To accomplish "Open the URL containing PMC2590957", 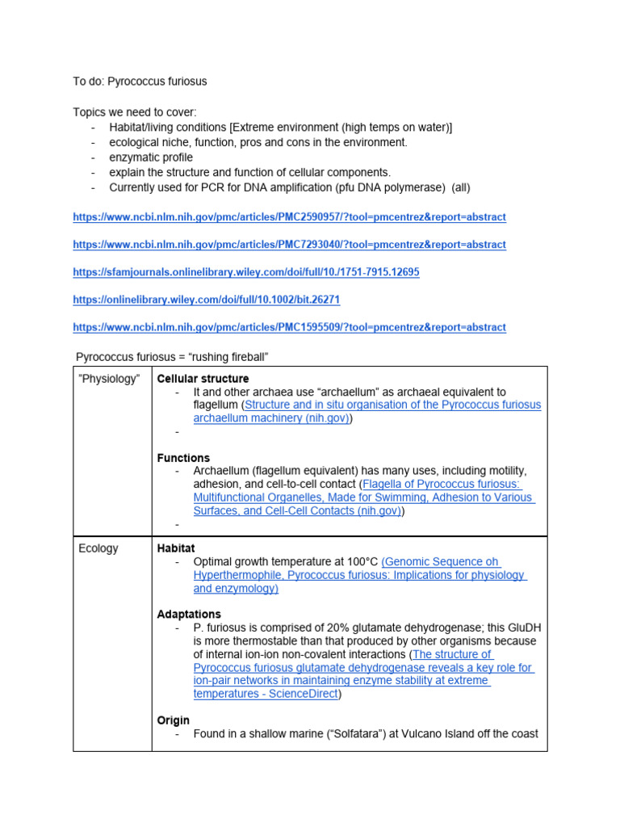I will (x=289, y=217).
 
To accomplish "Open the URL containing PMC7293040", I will (x=289, y=245).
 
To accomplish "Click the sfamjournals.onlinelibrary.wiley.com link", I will (x=245, y=272).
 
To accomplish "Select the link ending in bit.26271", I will (x=206, y=300).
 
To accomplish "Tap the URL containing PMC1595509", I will (x=289, y=327).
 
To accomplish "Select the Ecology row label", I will (x=98, y=548).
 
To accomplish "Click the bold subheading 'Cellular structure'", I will (x=203, y=379).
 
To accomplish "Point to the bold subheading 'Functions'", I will (x=183, y=458).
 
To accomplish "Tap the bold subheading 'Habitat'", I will (x=175, y=548).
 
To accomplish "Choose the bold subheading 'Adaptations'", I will (x=189, y=615).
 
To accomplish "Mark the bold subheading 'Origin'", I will (x=174, y=720).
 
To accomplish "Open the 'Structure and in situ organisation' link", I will (x=393, y=405).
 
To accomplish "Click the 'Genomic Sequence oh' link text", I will (x=441, y=562).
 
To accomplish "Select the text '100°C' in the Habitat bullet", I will (x=359, y=562).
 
